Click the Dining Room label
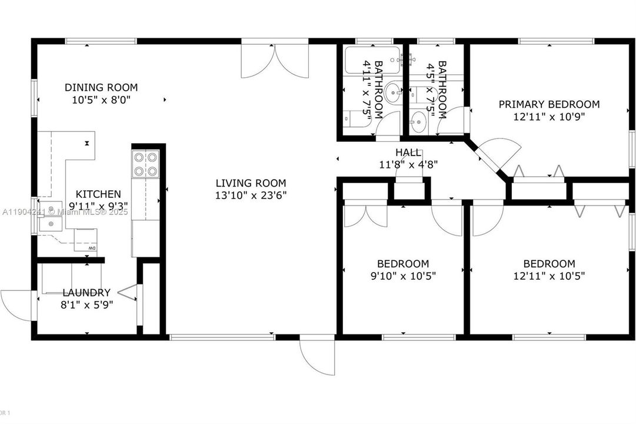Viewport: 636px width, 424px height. (101, 88)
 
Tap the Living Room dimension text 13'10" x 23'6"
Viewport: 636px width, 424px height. (251, 194)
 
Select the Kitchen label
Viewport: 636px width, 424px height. (98, 194)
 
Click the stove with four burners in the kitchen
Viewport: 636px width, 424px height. (145, 164)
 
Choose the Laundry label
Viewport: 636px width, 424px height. (86, 293)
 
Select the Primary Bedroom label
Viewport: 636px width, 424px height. (549, 104)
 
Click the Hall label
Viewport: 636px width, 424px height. (408, 153)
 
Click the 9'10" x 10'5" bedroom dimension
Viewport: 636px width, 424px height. (403, 275)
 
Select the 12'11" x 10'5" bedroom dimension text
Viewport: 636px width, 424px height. (549, 275)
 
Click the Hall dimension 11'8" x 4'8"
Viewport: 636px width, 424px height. (408, 164)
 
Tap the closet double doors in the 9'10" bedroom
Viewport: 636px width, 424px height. (365, 214)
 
